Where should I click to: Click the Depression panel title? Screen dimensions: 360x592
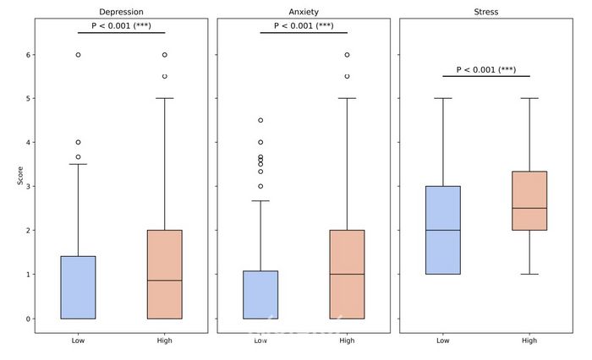coord(121,12)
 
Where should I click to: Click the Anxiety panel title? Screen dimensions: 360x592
coord(304,12)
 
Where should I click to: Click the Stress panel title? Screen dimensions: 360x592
coord(486,12)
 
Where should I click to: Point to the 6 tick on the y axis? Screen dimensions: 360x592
coord(29,55)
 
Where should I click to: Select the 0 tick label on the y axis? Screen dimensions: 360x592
coord(29,319)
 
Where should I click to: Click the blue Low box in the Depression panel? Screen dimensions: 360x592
coord(78,287)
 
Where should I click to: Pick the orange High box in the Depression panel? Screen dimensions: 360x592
coord(164,275)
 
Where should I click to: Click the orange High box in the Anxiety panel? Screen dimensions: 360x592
coord(347,275)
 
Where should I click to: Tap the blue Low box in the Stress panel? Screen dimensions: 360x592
coord(443,230)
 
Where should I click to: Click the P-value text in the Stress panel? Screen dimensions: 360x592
coord(486,69)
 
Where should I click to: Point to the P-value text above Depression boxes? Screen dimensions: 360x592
coord(121,25)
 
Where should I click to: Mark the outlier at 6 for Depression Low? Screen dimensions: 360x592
coord(78,55)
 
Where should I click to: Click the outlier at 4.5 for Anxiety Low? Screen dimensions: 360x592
coord(260,121)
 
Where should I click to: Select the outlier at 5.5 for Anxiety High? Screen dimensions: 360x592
coord(347,77)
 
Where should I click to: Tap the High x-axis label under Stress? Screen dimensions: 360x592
coord(529,341)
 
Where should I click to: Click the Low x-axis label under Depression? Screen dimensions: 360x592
coord(78,341)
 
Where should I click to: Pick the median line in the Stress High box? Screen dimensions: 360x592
coord(529,208)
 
